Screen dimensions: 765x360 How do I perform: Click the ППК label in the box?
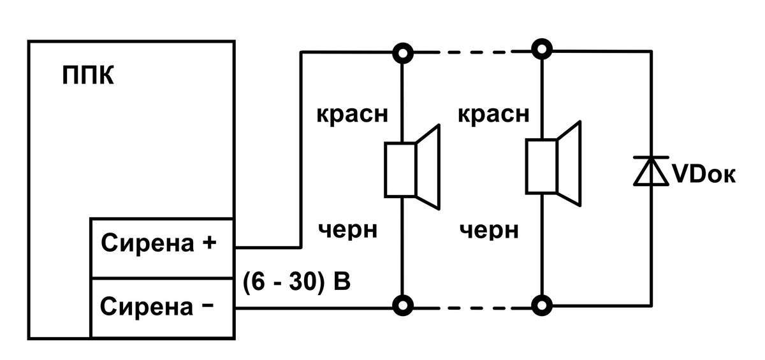coord(88,75)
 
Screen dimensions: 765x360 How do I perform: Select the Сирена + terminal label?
coord(159,243)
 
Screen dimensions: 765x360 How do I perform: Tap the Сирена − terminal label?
coord(157,306)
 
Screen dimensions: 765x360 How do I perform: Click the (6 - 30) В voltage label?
coord(296,281)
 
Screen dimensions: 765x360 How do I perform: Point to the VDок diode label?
coord(704,175)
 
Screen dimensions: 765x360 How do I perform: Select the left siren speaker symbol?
coord(412,167)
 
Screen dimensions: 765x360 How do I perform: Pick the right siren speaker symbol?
coord(553,164)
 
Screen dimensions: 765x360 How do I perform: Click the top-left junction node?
coord(403,54)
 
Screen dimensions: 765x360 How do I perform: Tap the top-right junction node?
coord(542,50)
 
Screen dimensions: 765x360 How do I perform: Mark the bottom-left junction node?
coord(403,305)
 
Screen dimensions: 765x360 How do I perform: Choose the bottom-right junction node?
coord(542,305)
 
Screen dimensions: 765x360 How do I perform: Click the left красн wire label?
coord(353,114)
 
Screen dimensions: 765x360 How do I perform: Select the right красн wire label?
coord(493,114)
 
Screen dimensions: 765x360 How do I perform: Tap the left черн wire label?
coord(347,229)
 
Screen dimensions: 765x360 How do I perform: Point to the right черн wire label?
coord(489,229)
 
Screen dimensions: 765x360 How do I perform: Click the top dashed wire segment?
coord(472,52)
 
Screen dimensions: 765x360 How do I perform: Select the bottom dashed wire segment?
coord(472,308)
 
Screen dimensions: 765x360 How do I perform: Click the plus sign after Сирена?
coord(209,243)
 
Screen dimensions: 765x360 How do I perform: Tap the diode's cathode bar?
coord(651,157)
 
